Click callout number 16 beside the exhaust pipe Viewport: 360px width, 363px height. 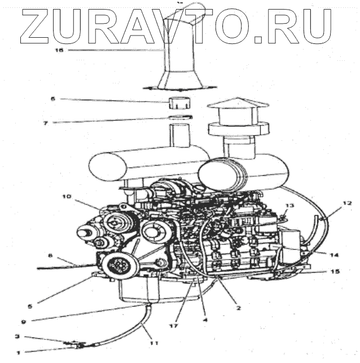coord(60,50)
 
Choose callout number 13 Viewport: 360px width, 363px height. coord(289,207)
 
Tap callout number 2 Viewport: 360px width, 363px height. coord(238,308)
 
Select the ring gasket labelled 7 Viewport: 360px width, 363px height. coord(180,117)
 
